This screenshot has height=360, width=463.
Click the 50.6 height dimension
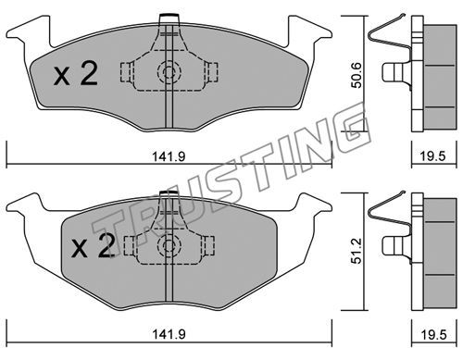(x=357, y=75)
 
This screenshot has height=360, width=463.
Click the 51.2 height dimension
(x=357, y=251)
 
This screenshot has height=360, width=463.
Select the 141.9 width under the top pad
(x=169, y=156)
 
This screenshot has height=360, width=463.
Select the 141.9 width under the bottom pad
(x=169, y=334)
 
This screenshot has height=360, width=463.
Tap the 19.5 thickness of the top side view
(x=434, y=156)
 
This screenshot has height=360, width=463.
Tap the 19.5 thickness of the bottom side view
(x=434, y=335)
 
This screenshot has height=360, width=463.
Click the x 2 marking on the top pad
(x=76, y=73)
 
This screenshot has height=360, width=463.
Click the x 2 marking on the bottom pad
(x=94, y=245)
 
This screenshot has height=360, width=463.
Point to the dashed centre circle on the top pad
(x=169, y=73)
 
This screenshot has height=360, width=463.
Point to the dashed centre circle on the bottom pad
(x=169, y=245)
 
